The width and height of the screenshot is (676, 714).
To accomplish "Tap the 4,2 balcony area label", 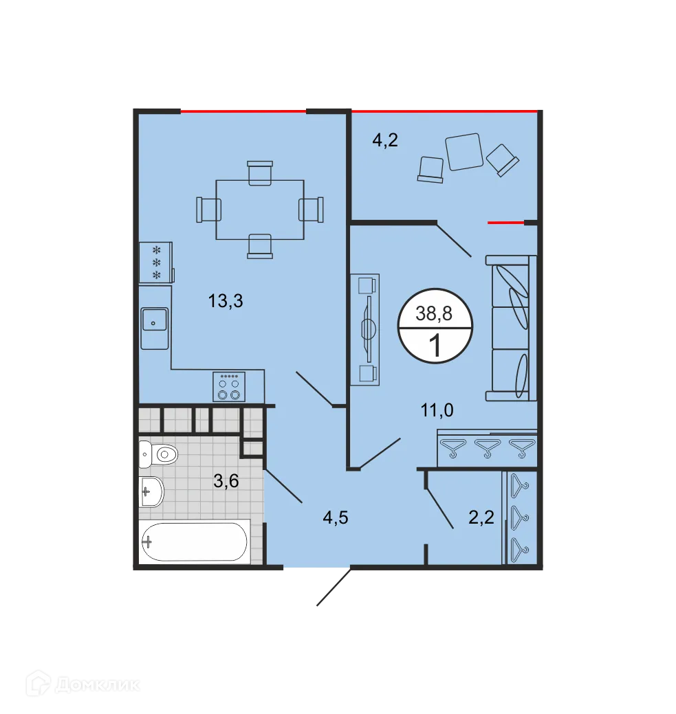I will pyautogui.click(x=385, y=141).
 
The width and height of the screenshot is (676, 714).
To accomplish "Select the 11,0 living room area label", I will pyautogui.click(x=438, y=411).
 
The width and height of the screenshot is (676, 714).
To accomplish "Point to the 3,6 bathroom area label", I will pyautogui.click(x=226, y=481).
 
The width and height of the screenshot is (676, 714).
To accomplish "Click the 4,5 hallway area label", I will pyautogui.click(x=336, y=517).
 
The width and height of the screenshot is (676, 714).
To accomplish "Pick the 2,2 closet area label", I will pyautogui.click(x=481, y=517).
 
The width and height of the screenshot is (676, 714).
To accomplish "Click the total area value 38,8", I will pyautogui.click(x=435, y=314).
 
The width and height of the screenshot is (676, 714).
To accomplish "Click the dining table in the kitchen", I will pyautogui.click(x=260, y=209).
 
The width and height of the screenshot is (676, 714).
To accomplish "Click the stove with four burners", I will pyautogui.click(x=230, y=387).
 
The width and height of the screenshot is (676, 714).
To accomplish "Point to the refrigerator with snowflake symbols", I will pyautogui.click(x=155, y=262).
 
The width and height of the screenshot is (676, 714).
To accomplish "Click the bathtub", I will pyautogui.click(x=193, y=542).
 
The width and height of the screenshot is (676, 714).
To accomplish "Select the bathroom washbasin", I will pyautogui.click(x=151, y=491).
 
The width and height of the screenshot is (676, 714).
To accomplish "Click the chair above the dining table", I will pyautogui.click(x=260, y=172).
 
